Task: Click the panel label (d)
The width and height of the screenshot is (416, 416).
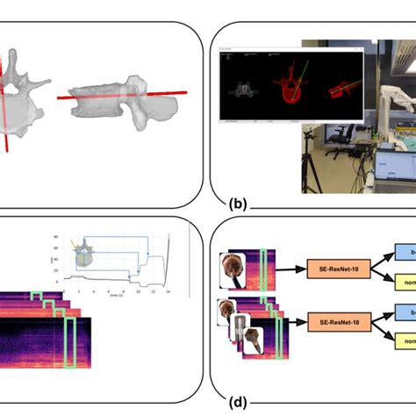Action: click(237, 405)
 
